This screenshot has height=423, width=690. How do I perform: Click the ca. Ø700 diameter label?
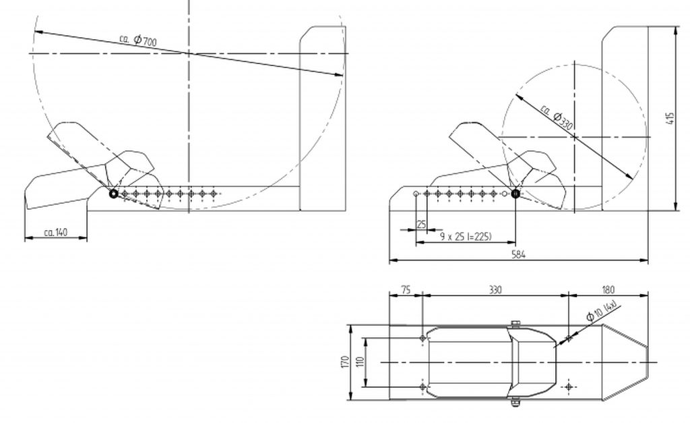pyautogui.click(x=138, y=40)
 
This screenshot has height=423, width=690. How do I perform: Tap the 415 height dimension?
pyautogui.click(x=670, y=119)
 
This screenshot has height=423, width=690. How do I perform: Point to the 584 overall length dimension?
pyautogui.click(x=518, y=254)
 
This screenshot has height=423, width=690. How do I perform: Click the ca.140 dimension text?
pyautogui.click(x=56, y=232)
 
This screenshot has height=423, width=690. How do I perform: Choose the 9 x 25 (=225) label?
pyautogui.click(x=466, y=237)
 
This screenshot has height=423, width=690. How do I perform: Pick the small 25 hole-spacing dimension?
pyautogui.click(x=421, y=224)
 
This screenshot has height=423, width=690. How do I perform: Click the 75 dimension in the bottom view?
pyautogui.click(x=406, y=289)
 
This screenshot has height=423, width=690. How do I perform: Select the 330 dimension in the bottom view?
pyautogui.click(x=495, y=289)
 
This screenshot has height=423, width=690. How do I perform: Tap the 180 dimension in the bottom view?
pyautogui.click(x=608, y=289)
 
